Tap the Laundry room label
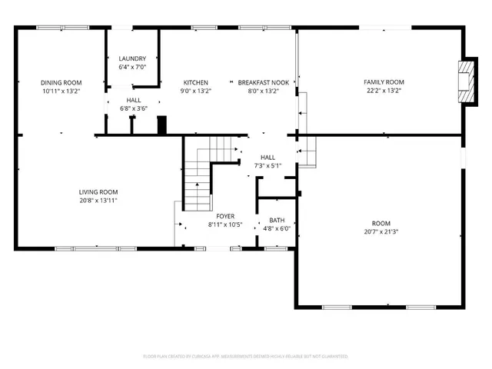pyautogui.click(x=132, y=59)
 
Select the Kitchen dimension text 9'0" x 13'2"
pyautogui.click(x=195, y=91)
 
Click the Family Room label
pyautogui.click(x=384, y=82)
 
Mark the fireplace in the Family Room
pyautogui.click(x=464, y=80)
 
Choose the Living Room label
pyautogui.click(x=98, y=192)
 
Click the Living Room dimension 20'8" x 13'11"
pyautogui.click(x=98, y=201)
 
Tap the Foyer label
pyautogui.click(x=225, y=217)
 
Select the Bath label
pyautogui.click(x=277, y=220)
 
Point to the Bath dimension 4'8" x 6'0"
pyautogui.click(x=277, y=228)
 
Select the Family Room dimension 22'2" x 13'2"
pyautogui.click(x=384, y=91)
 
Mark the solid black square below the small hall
pyautogui.click(x=161, y=125)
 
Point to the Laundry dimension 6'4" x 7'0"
pyautogui.click(x=132, y=68)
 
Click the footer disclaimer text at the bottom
pyautogui.click(x=246, y=357)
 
